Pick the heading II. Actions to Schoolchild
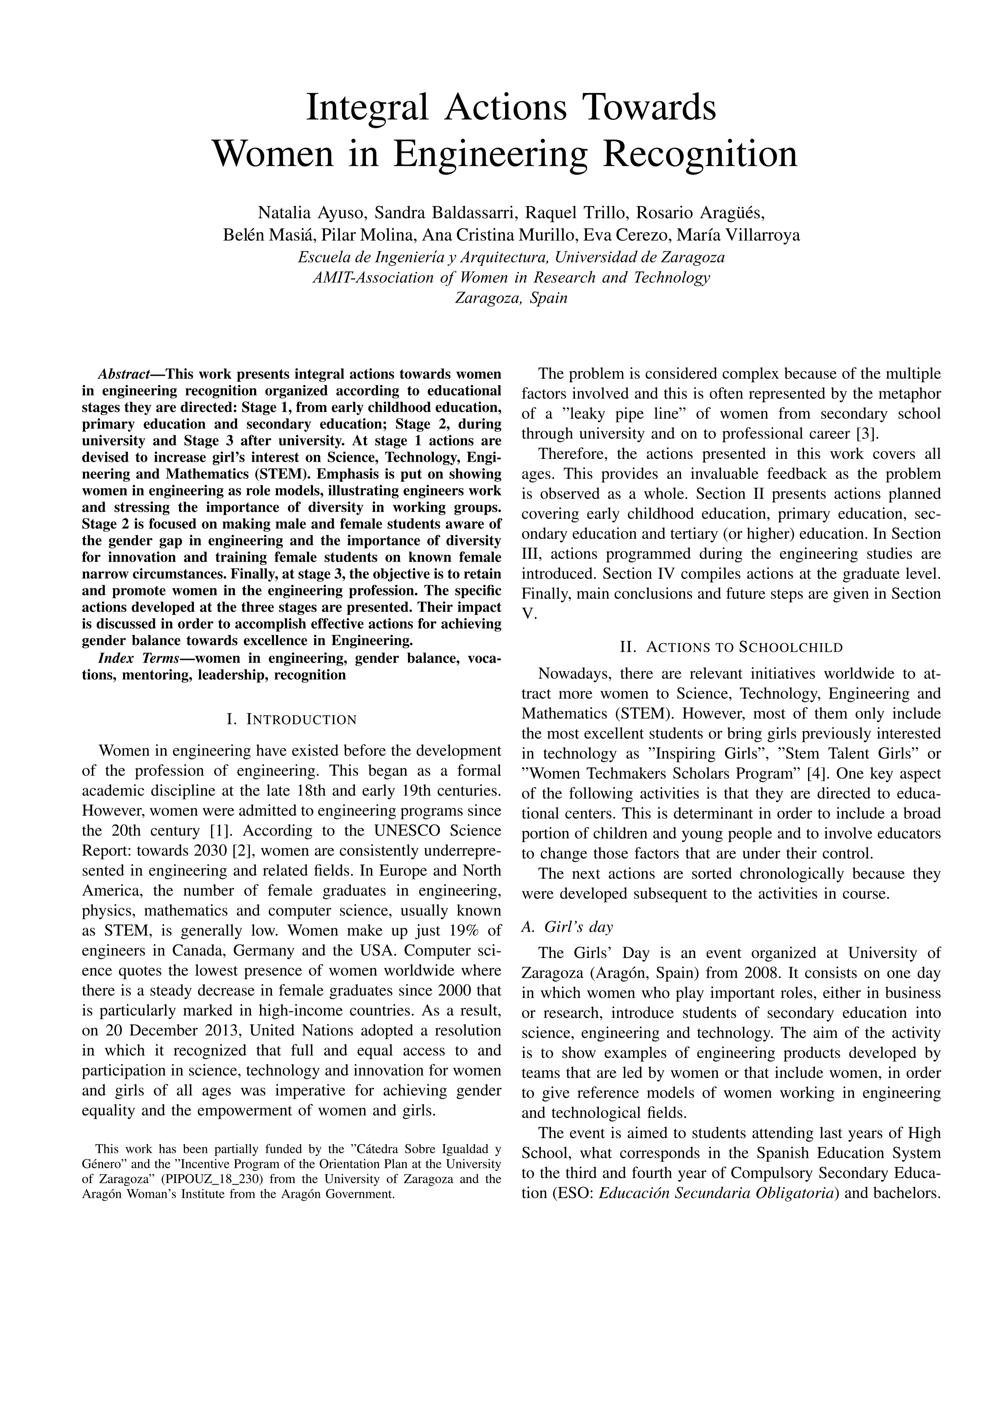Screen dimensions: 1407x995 pyautogui.click(x=731, y=647)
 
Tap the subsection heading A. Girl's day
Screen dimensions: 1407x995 pyautogui.click(x=567, y=927)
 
